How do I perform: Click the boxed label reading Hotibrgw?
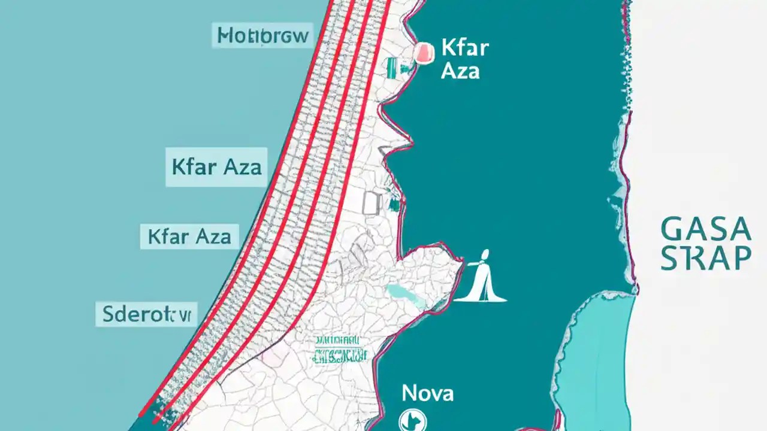pyautogui.click(x=263, y=36)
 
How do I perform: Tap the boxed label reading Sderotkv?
pyautogui.click(x=146, y=314)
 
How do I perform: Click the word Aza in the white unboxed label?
pyautogui.click(x=460, y=71)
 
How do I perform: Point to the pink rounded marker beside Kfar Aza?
pyautogui.click(x=423, y=53)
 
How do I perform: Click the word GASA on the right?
pyautogui.click(x=705, y=230)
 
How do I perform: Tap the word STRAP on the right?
pyautogui.click(x=705, y=258)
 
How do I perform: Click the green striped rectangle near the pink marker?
pyautogui.click(x=393, y=67)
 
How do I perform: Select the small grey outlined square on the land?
pyautogui.click(x=372, y=202)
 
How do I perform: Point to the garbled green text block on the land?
pyautogui.click(x=339, y=350)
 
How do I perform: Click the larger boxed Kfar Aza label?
pyautogui.click(x=216, y=166)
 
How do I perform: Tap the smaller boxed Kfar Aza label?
pyautogui.click(x=189, y=236)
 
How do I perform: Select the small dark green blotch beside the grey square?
pyautogui.click(x=393, y=205)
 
